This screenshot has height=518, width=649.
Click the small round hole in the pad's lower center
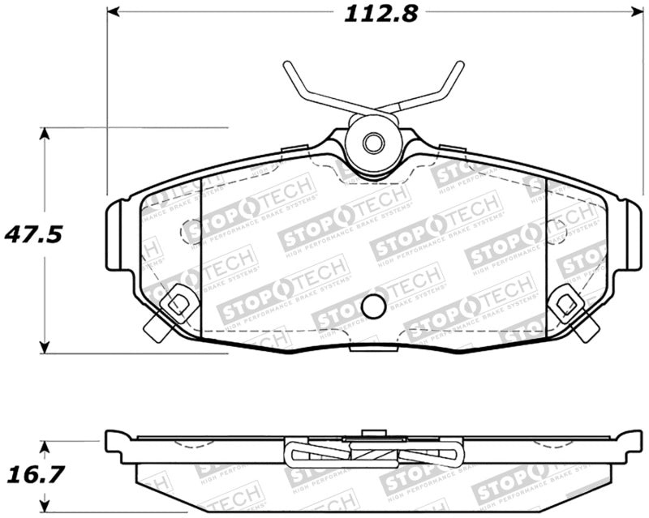point(373,306)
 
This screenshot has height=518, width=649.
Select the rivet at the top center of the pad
point(372,143)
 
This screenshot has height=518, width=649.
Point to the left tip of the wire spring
point(286,66)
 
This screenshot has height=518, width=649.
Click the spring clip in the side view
point(373,454)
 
